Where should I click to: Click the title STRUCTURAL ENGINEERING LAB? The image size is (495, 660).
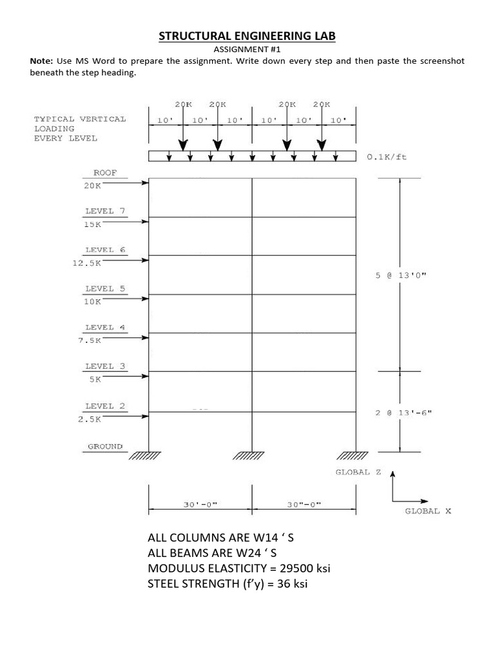[247, 36]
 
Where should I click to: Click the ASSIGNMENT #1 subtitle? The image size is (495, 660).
[247, 49]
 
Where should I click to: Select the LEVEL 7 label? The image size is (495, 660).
[100, 211]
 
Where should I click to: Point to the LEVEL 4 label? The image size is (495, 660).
[100, 327]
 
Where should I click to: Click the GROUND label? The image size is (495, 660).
[105, 446]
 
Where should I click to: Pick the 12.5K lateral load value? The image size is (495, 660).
[87, 262]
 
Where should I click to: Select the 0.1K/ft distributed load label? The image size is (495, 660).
[387, 155]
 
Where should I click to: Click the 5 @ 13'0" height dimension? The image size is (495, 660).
[401, 275]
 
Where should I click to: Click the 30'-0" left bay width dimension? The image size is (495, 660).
[200, 505]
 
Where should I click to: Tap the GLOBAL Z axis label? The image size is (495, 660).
[358, 472]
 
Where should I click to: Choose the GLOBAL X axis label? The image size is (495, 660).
[428, 511]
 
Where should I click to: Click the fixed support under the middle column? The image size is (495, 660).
[252, 456]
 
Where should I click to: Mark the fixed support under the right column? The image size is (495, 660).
[354, 456]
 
